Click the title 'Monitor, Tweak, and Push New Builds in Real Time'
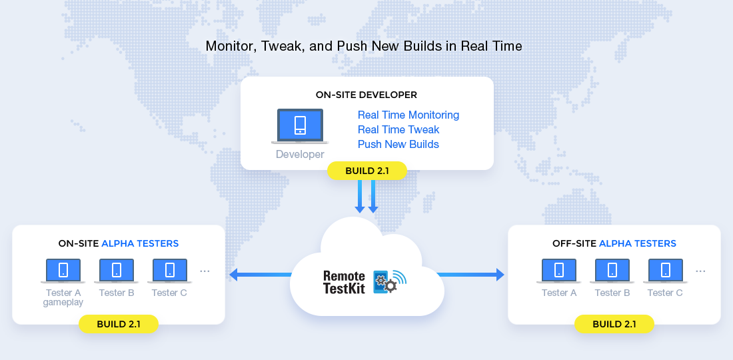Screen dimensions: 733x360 364,46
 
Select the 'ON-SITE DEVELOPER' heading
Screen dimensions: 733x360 366,95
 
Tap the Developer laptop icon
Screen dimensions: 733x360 300,126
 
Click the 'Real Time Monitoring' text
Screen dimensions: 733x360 408,115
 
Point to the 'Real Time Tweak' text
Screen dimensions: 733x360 398,129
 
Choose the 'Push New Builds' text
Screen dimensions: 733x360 398,144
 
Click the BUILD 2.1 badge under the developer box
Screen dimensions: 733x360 367,171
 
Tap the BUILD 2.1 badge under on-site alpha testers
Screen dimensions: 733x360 118,324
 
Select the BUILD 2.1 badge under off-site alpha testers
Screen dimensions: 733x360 614,324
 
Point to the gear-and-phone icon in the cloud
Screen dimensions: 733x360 389,281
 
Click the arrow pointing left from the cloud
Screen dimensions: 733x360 261,275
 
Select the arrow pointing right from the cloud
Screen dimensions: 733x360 470,275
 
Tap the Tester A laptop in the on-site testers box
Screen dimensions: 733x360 63,271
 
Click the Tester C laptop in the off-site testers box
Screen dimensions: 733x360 665,271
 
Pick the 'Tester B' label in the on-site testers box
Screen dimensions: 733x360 117,293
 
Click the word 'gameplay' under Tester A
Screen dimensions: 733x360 63,303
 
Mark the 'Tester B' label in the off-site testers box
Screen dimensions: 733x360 612,293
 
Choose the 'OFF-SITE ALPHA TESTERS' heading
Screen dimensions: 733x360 614,243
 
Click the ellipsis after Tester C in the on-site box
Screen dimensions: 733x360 205,271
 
